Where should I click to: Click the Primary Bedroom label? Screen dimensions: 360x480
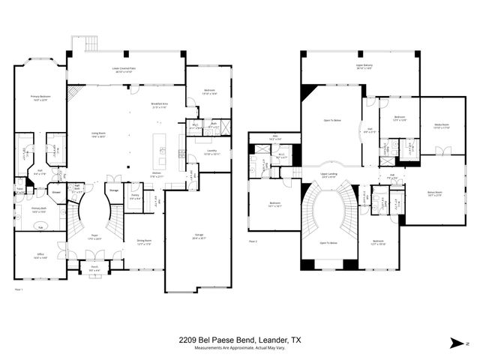pyautogui.click(x=39, y=97)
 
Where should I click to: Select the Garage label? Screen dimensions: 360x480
pyautogui.click(x=197, y=236)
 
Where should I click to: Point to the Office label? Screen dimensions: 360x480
pyautogui.click(x=40, y=254)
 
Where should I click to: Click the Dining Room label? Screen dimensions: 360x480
pyautogui.click(x=144, y=241)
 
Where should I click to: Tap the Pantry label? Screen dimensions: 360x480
pyautogui.click(x=133, y=196)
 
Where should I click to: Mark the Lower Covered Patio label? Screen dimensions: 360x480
pyautogui.click(x=126, y=69)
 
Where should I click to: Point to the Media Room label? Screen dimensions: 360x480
pyautogui.click(x=441, y=125)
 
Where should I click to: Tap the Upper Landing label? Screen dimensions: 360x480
pyautogui.click(x=328, y=174)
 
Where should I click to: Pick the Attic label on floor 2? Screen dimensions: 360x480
pyautogui.click(x=274, y=137)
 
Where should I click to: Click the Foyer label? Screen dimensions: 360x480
pyautogui.click(x=95, y=235)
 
